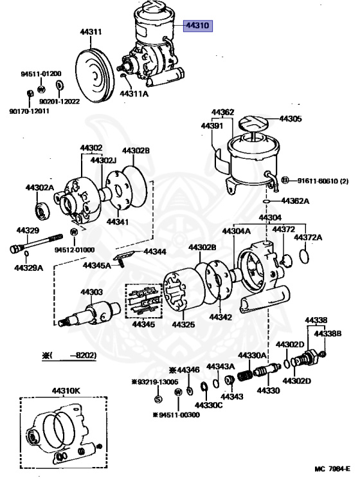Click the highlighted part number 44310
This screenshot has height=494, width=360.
(198, 25)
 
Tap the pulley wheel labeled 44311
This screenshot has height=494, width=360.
(94, 76)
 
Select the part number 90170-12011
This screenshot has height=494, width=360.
(30, 111)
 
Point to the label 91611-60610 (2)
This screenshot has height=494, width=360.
(323, 181)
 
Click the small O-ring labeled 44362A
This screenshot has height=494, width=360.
(267, 201)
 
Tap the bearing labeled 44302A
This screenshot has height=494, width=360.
(42, 212)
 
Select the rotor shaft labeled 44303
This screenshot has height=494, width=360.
(89, 313)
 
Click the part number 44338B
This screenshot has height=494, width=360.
(328, 333)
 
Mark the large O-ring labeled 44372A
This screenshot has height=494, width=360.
(305, 256)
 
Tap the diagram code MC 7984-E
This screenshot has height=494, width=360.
(332, 469)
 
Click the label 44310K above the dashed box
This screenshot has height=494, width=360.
(66, 391)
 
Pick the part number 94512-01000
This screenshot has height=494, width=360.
(75, 250)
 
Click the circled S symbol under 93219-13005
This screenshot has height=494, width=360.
(158, 399)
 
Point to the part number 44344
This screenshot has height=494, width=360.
(155, 252)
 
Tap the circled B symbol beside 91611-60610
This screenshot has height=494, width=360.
(285, 180)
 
